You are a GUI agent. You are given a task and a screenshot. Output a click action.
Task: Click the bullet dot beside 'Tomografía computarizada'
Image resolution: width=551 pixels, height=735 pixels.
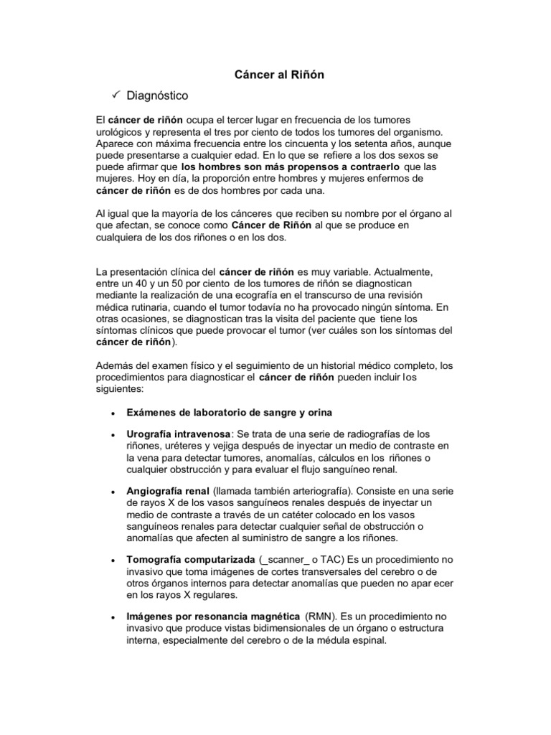pos(114,560)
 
